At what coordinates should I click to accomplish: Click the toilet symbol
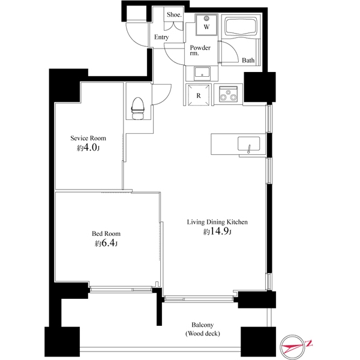point(138,109)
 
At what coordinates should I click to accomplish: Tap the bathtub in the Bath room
point(241,26)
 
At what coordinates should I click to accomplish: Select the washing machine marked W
point(206,25)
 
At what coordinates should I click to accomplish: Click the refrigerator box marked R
point(199,95)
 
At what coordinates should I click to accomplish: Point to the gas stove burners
point(228,94)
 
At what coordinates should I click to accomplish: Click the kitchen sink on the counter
point(248,144)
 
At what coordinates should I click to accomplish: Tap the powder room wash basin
point(202,73)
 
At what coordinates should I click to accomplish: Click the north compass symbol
point(296,346)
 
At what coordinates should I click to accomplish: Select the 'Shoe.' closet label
point(174,14)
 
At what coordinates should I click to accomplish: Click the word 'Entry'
point(161,37)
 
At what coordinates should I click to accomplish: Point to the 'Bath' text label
point(248,61)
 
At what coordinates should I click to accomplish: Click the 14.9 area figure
point(219,231)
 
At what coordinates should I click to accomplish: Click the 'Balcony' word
point(203,325)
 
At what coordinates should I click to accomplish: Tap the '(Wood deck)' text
point(203,334)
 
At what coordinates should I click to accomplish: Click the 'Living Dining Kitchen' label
point(217,222)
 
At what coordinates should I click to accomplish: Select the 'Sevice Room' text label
point(88,138)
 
